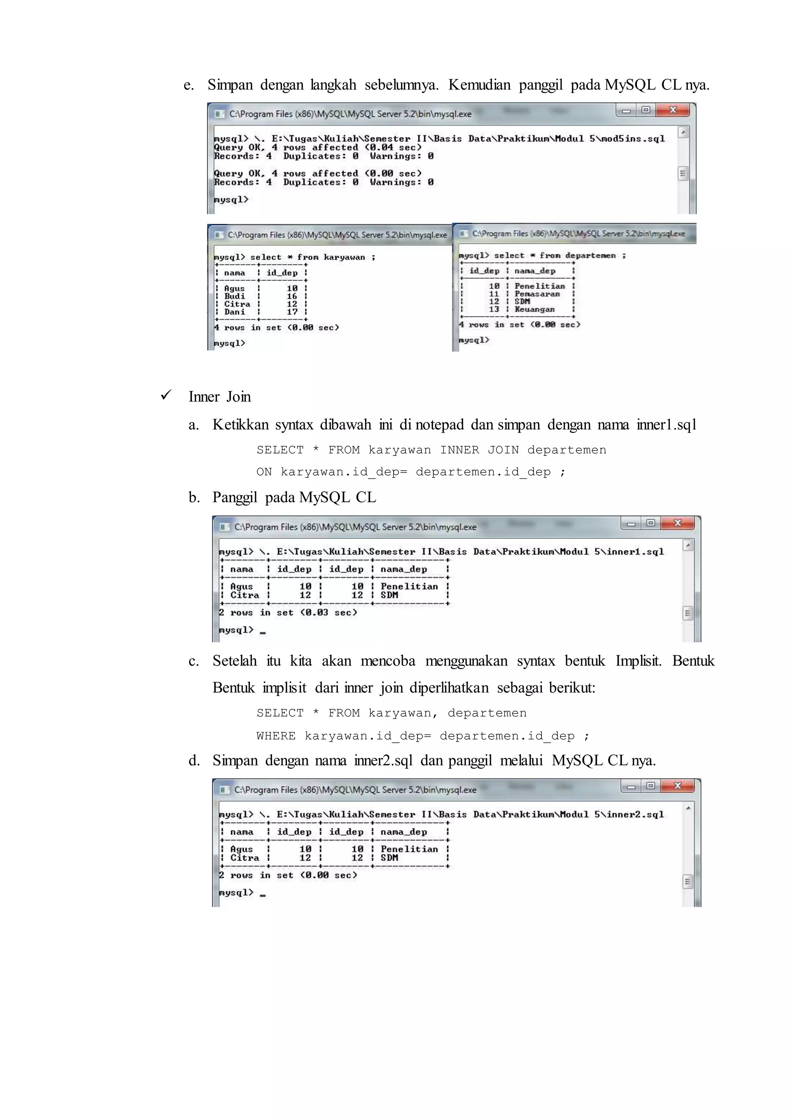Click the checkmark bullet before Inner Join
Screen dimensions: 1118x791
166,395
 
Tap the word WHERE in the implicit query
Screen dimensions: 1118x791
276,735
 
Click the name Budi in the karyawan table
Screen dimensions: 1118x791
234,296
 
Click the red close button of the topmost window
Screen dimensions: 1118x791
673,110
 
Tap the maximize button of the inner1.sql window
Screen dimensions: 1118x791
651,523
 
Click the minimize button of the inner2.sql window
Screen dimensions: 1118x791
631,786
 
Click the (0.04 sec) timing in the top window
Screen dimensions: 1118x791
393,147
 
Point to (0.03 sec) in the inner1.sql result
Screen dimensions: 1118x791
329,613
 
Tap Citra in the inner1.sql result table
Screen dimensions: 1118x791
244,595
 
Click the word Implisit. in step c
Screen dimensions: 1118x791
638,661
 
